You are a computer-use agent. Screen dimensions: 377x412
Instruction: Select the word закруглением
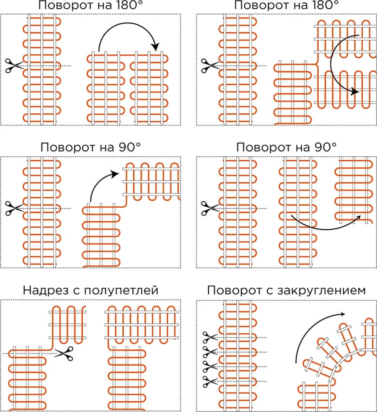pos(321,291)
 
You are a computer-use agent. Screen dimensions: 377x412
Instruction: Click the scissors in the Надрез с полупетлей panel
pos(64,354)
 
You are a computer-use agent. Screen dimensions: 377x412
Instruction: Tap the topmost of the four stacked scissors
pos(210,337)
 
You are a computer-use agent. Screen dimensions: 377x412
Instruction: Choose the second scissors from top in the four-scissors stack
pos(210,352)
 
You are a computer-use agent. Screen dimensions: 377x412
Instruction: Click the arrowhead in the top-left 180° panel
pos(156,47)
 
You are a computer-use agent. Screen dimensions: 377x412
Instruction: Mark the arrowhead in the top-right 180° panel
pos(355,92)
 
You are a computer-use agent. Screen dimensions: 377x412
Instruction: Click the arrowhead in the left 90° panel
pos(115,174)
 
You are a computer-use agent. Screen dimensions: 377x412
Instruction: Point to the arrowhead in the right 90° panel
pos(358,217)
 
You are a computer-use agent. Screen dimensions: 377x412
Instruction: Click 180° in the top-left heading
pos(129,5)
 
